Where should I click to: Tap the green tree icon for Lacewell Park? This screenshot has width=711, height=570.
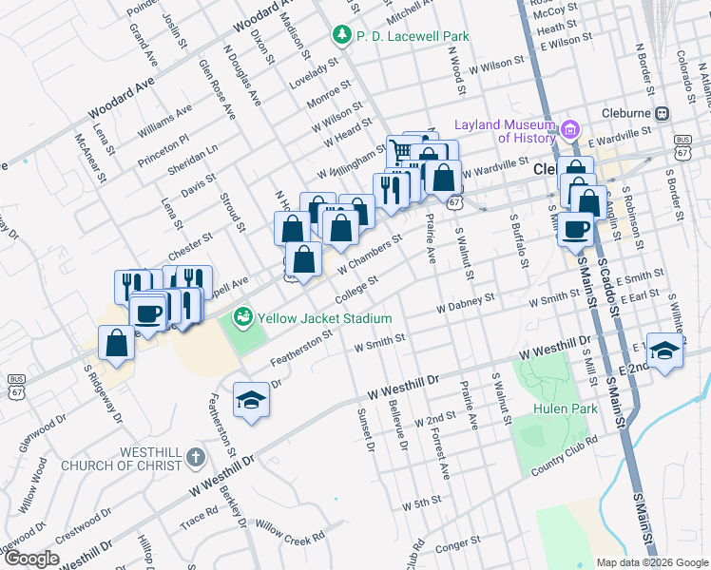pos(341,35)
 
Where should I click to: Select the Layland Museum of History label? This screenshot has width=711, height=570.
pos(504,131)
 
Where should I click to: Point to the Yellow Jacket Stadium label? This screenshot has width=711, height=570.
pos(323,317)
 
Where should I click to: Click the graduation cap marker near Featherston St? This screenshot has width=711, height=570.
pos(251,399)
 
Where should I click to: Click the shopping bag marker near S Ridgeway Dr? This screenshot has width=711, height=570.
pos(116,344)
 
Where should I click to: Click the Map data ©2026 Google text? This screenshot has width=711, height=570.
pos(652,562)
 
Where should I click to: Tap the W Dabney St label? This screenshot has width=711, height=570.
pos(466,304)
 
